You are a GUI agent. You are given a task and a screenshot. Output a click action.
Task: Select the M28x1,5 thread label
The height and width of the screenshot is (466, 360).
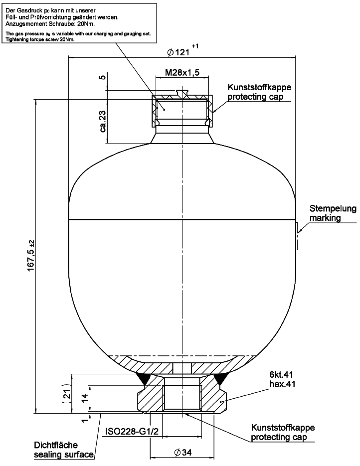(182, 73)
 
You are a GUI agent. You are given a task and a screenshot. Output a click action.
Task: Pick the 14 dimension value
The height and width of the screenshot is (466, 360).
(85, 397)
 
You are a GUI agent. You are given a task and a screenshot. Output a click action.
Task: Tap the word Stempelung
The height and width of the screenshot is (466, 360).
(333, 208)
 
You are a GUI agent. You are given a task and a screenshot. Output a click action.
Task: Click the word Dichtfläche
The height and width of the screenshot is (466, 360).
(55, 445)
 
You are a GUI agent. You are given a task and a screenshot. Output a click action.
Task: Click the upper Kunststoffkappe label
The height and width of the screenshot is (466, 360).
(259, 87)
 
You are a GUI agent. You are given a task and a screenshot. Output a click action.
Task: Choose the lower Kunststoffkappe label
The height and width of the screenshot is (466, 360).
(283, 428)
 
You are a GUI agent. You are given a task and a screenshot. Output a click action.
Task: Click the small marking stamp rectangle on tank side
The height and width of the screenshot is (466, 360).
(298, 236)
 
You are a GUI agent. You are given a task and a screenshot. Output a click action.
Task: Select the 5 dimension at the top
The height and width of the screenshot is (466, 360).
(102, 78)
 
